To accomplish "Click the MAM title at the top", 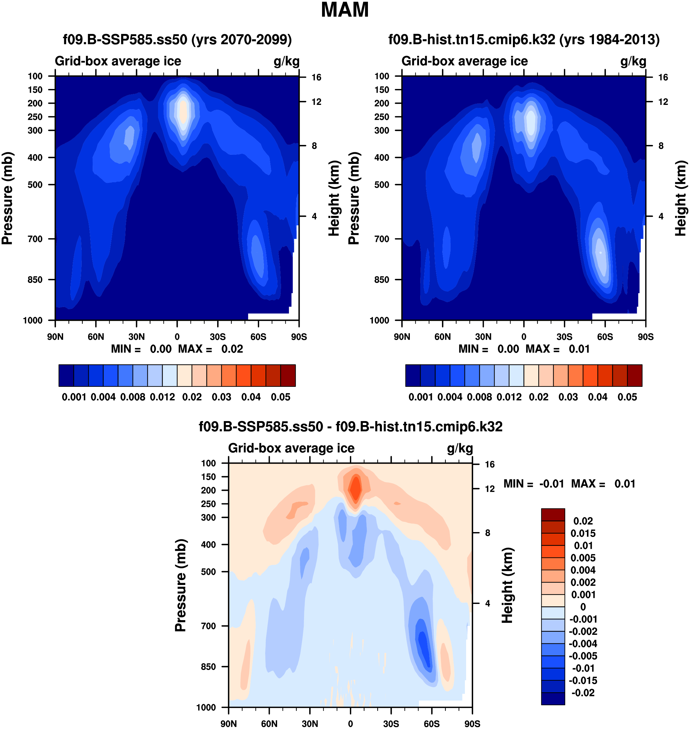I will [x=345, y=10].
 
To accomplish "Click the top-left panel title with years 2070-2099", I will [x=177, y=39].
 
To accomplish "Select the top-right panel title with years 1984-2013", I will [x=524, y=39].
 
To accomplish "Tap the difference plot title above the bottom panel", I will [x=351, y=427].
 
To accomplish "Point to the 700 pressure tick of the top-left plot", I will [x=35, y=239].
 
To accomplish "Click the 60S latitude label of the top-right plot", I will [x=605, y=337].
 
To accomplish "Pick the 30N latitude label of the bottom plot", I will [x=310, y=724].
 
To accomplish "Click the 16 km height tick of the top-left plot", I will [x=316, y=77].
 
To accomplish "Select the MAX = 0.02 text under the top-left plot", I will [x=210, y=349].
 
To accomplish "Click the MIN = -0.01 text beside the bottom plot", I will [x=533, y=484].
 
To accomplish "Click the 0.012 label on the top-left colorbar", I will [x=162, y=397].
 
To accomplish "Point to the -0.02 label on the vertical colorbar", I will [x=583, y=693].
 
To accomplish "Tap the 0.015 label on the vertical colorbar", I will [x=583, y=533].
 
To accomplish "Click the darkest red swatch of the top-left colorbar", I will [x=288, y=376].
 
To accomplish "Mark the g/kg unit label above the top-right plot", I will [x=633, y=61].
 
